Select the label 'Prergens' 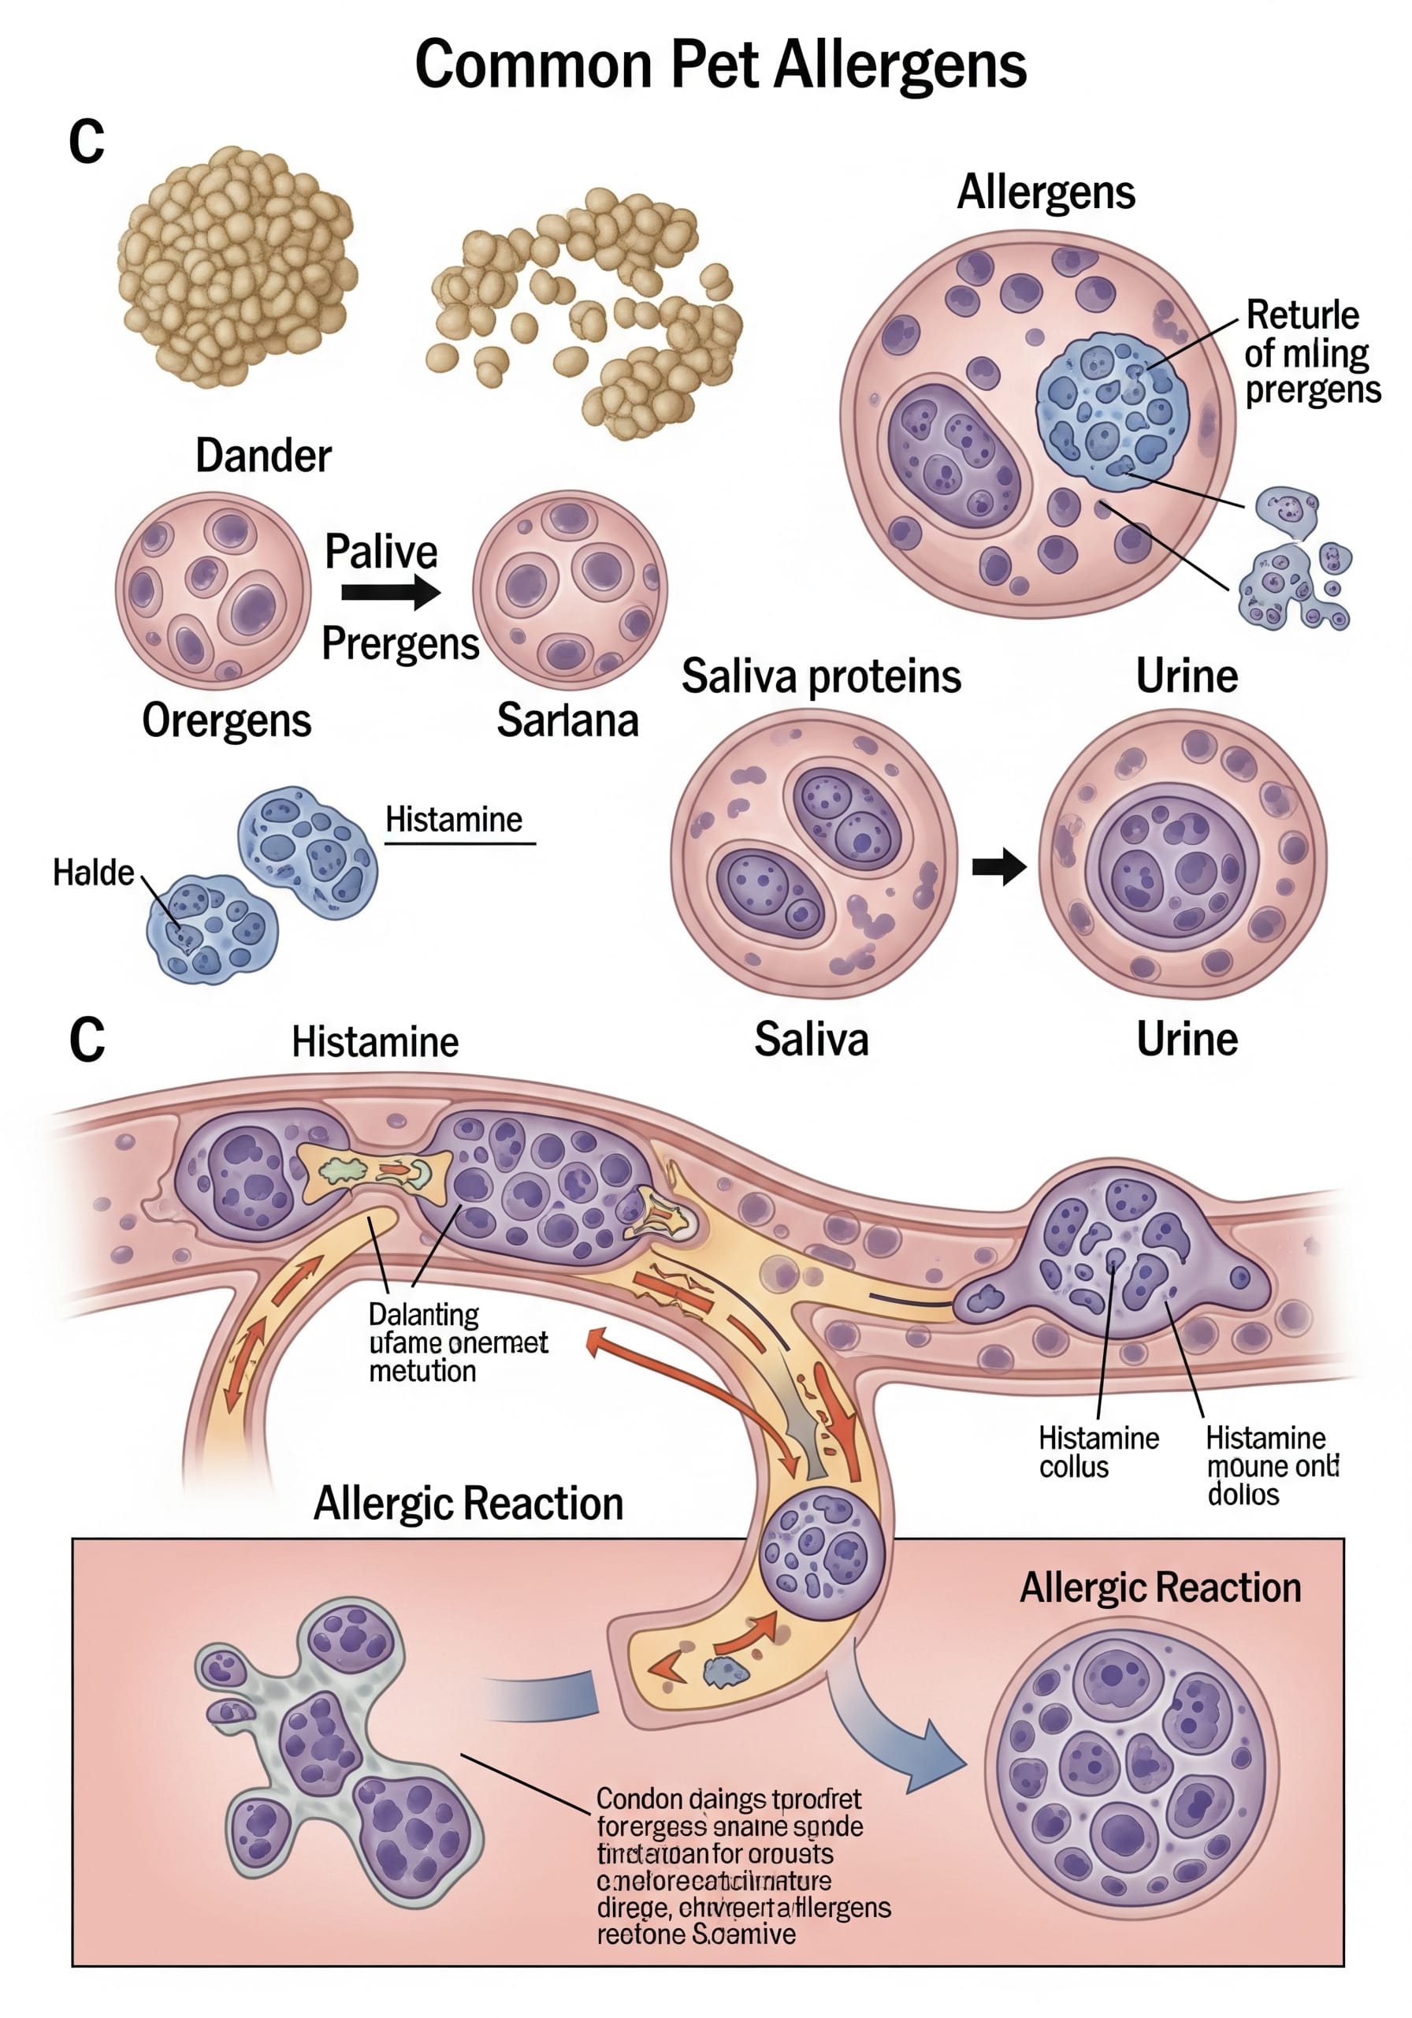(x=399, y=643)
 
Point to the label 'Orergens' (x=227, y=720)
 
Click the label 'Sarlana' (x=567, y=720)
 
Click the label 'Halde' (x=93, y=873)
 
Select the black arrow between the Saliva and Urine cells (x=998, y=866)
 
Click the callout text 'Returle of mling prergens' (x=1311, y=352)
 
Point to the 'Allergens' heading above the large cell (x=1046, y=192)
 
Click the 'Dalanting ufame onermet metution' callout (x=457, y=1342)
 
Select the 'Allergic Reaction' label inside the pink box (x=1160, y=1588)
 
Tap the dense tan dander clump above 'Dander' (x=236, y=266)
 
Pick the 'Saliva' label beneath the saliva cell (x=811, y=1039)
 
